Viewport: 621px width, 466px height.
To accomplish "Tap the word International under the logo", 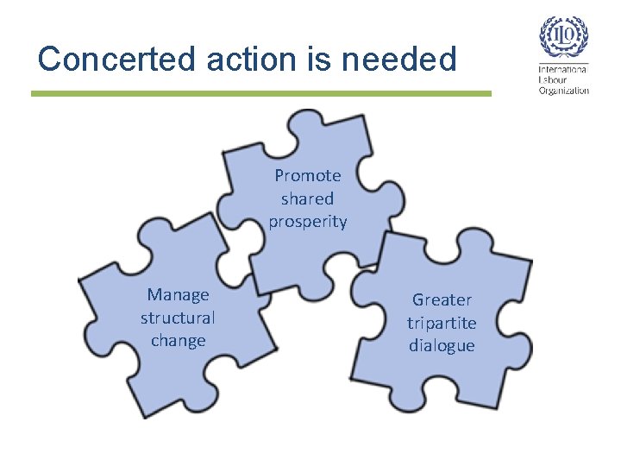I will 563,69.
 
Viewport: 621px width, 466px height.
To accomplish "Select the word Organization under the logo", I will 563,90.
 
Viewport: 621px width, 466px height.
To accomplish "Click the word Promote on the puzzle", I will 308,176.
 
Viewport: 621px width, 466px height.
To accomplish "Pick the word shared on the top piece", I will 308,198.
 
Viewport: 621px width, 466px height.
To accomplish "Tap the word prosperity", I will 308,222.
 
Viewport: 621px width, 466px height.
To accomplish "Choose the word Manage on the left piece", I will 179,295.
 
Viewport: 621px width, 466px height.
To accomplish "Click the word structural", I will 179,318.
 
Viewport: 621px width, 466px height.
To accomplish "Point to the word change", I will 179,341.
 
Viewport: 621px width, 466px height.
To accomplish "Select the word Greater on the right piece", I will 442,300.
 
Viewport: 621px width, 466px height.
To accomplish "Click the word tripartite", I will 442,323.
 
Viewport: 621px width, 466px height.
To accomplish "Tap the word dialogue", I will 442,346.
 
